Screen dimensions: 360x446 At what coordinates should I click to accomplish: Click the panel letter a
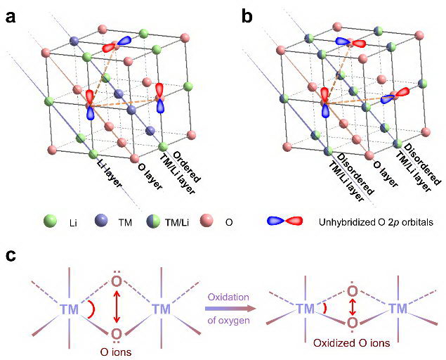(12, 16)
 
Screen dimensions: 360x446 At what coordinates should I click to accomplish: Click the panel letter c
(11, 255)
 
